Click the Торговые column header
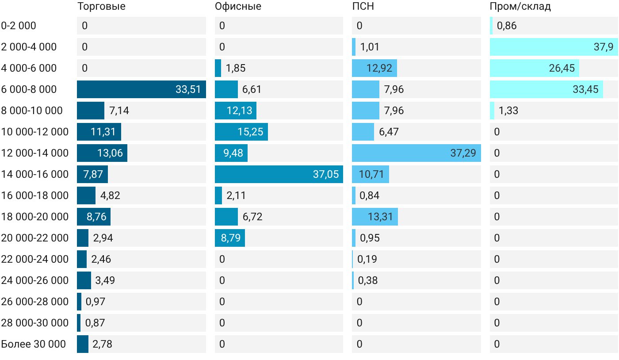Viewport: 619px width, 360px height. coord(101,7)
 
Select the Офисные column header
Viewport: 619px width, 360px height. coord(238,7)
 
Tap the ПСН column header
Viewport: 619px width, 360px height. coord(363,6)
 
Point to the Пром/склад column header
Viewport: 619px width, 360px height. coord(520,7)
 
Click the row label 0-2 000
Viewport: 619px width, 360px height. coord(19,26)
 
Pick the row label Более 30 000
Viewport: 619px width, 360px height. coord(34,344)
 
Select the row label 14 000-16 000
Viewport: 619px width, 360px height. coord(35,174)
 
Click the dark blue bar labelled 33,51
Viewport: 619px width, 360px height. coord(141,89)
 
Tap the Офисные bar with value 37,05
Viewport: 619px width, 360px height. coord(279,174)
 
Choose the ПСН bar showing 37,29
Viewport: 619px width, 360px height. coord(416,153)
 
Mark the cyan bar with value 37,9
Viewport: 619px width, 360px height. coord(554,47)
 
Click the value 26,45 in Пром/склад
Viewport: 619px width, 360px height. coord(562,68)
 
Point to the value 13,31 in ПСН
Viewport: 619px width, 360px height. coord(380,217)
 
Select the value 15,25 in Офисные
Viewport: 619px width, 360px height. coord(250,132)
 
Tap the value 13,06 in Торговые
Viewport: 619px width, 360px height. coord(110,153)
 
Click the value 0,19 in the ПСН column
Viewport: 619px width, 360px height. coord(367,259)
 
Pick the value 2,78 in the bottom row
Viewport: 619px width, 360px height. coord(102,344)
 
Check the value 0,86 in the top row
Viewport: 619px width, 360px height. coord(507,26)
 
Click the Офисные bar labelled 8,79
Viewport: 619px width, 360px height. coord(230,238)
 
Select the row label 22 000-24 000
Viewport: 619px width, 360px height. coord(35,259)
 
